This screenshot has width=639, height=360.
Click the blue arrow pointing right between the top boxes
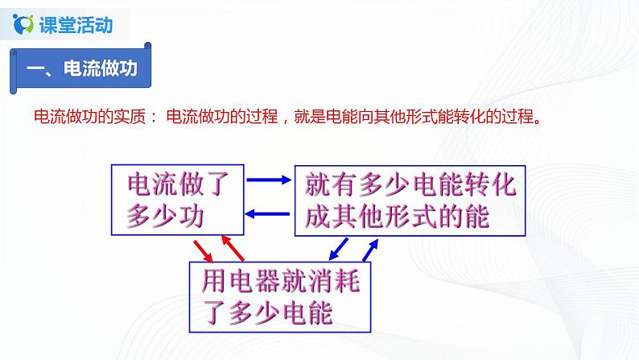[269, 181]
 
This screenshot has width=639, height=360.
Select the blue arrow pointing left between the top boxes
[269, 213]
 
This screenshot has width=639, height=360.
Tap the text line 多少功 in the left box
[164, 217]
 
